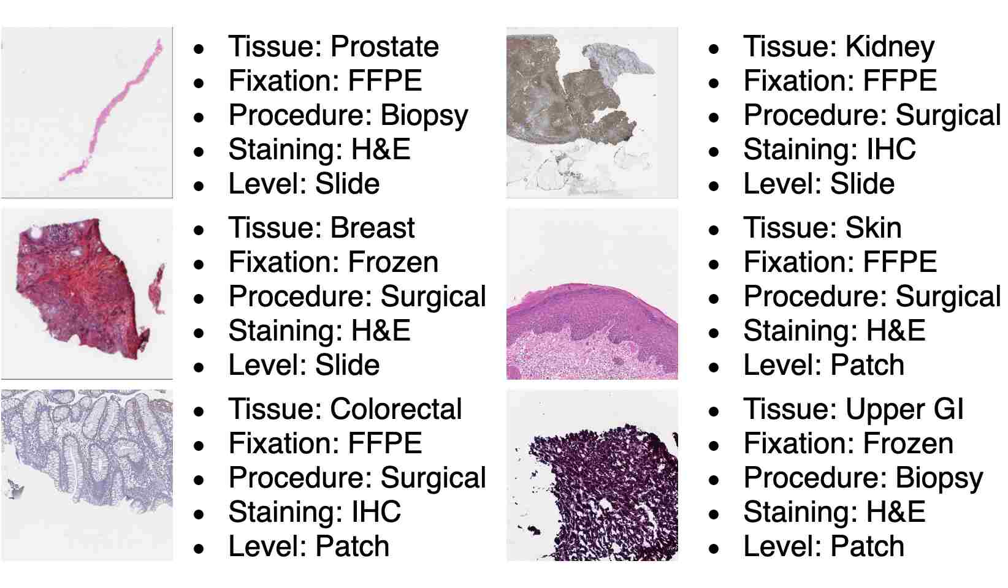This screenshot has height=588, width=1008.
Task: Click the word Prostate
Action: click(x=384, y=47)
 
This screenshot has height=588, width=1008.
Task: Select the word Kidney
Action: click(x=890, y=47)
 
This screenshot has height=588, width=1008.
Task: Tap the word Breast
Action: click(x=372, y=227)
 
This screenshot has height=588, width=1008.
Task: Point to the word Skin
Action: click(x=873, y=227)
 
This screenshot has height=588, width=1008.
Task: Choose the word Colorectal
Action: click(x=396, y=409)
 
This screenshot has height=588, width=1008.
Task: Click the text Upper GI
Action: click(x=904, y=409)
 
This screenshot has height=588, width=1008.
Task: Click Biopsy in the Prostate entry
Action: click(x=424, y=116)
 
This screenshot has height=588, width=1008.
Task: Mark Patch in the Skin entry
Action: click(x=867, y=365)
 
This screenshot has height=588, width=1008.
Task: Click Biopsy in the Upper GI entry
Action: click(x=939, y=478)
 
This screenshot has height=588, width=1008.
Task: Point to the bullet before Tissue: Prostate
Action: click(x=199, y=48)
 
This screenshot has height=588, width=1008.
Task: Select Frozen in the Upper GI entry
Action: click(x=908, y=443)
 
